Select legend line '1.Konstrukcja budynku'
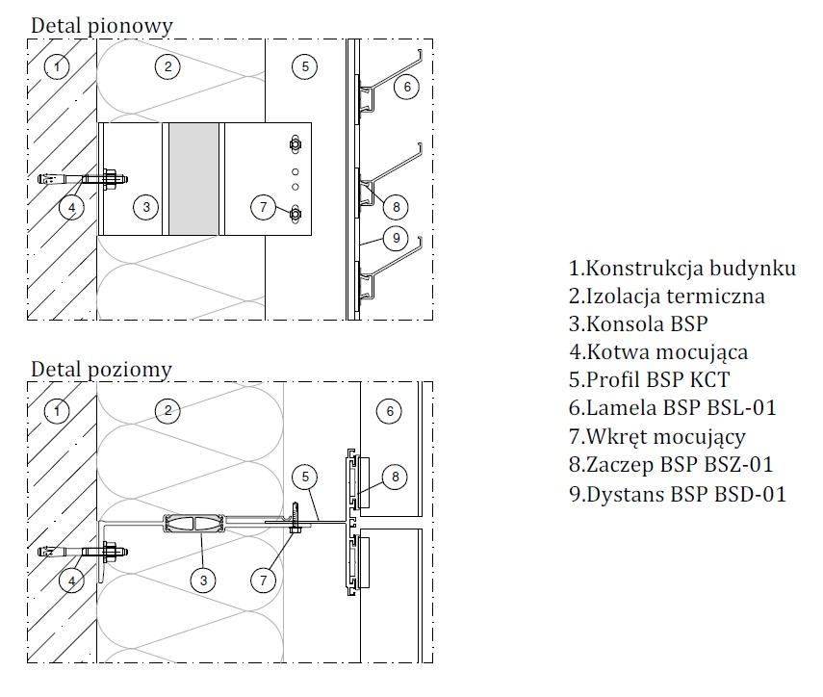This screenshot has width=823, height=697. (x=682, y=269)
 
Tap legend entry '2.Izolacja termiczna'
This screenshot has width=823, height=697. (x=666, y=297)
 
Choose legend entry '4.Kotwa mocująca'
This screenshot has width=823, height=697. (x=657, y=352)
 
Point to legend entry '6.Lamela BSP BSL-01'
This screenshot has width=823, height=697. (x=672, y=408)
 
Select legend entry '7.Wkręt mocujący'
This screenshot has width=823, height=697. (x=656, y=437)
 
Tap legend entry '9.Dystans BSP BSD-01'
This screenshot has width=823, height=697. (x=677, y=494)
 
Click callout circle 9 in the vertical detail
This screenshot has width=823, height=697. (x=393, y=236)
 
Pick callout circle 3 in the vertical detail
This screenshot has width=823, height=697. (x=145, y=206)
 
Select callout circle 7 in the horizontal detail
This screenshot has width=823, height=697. (x=264, y=580)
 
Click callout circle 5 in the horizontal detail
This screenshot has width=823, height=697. (x=304, y=475)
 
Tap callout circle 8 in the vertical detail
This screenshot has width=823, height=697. (x=393, y=205)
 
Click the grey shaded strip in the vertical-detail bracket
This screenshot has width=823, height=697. (x=195, y=178)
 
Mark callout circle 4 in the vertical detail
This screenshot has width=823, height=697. (x=70, y=206)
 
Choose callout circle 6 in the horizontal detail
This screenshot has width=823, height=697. (x=390, y=411)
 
